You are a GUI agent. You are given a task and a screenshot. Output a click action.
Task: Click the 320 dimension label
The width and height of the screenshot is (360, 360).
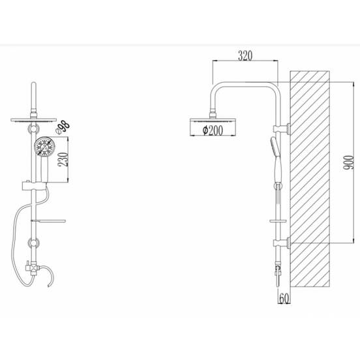[x=245, y=56]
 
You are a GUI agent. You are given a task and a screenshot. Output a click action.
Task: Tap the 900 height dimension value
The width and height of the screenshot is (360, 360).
[x=348, y=162]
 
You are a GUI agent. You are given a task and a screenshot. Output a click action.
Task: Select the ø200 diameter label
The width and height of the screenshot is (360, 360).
[x=213, y=130]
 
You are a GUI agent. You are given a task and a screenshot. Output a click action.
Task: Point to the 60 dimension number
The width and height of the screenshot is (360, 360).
[x=284, y=298]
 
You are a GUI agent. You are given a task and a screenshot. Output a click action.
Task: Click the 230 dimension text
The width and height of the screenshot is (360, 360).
[x=63, y=159]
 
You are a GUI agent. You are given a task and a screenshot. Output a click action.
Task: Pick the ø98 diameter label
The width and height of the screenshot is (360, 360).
[x=63, y=127]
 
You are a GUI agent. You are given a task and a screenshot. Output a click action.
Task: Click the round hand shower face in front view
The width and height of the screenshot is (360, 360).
[x=44, y=146]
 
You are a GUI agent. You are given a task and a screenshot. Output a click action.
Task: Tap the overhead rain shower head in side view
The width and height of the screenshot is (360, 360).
[x=213, y=127]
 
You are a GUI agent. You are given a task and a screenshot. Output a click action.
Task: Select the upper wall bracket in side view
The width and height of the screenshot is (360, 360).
[x=281, y=128]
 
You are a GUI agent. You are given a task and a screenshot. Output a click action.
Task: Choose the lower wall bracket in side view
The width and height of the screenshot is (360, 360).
[x=281, y=243]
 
